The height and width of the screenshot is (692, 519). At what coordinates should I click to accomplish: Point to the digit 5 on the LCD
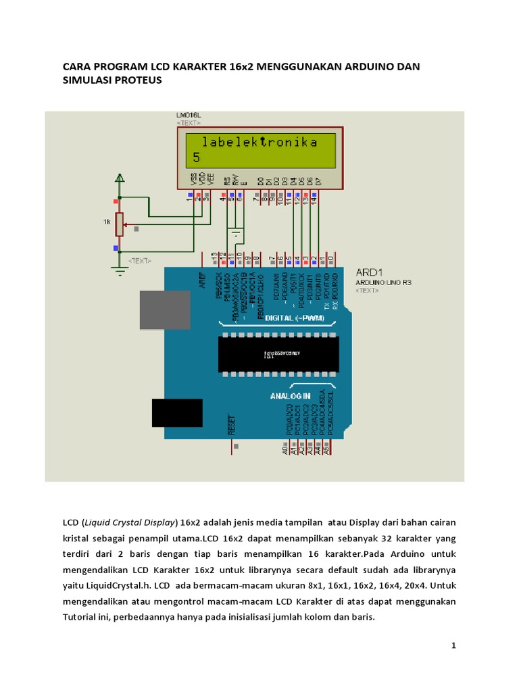pyautogui.click(x=197, y=157)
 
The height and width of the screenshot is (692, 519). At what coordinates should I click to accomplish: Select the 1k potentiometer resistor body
pyautogui.click(x=119, y=224)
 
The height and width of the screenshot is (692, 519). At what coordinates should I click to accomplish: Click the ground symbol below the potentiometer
pyautogui.click(x=120, y=271)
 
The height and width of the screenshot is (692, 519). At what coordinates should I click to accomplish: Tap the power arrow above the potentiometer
pyautogui.click(x=120, y=178)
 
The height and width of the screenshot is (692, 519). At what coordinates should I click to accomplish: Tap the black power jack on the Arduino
pyautogui.click(x=177, y=413)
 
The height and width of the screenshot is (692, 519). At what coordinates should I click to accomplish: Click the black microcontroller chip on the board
pyautogui.click(x=278, y=353)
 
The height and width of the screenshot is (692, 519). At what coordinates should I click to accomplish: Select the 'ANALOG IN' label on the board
pyautogui.click(x=291, y=395)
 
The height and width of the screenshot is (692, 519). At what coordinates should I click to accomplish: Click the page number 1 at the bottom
pyautogui.click(x=454, y=646)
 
